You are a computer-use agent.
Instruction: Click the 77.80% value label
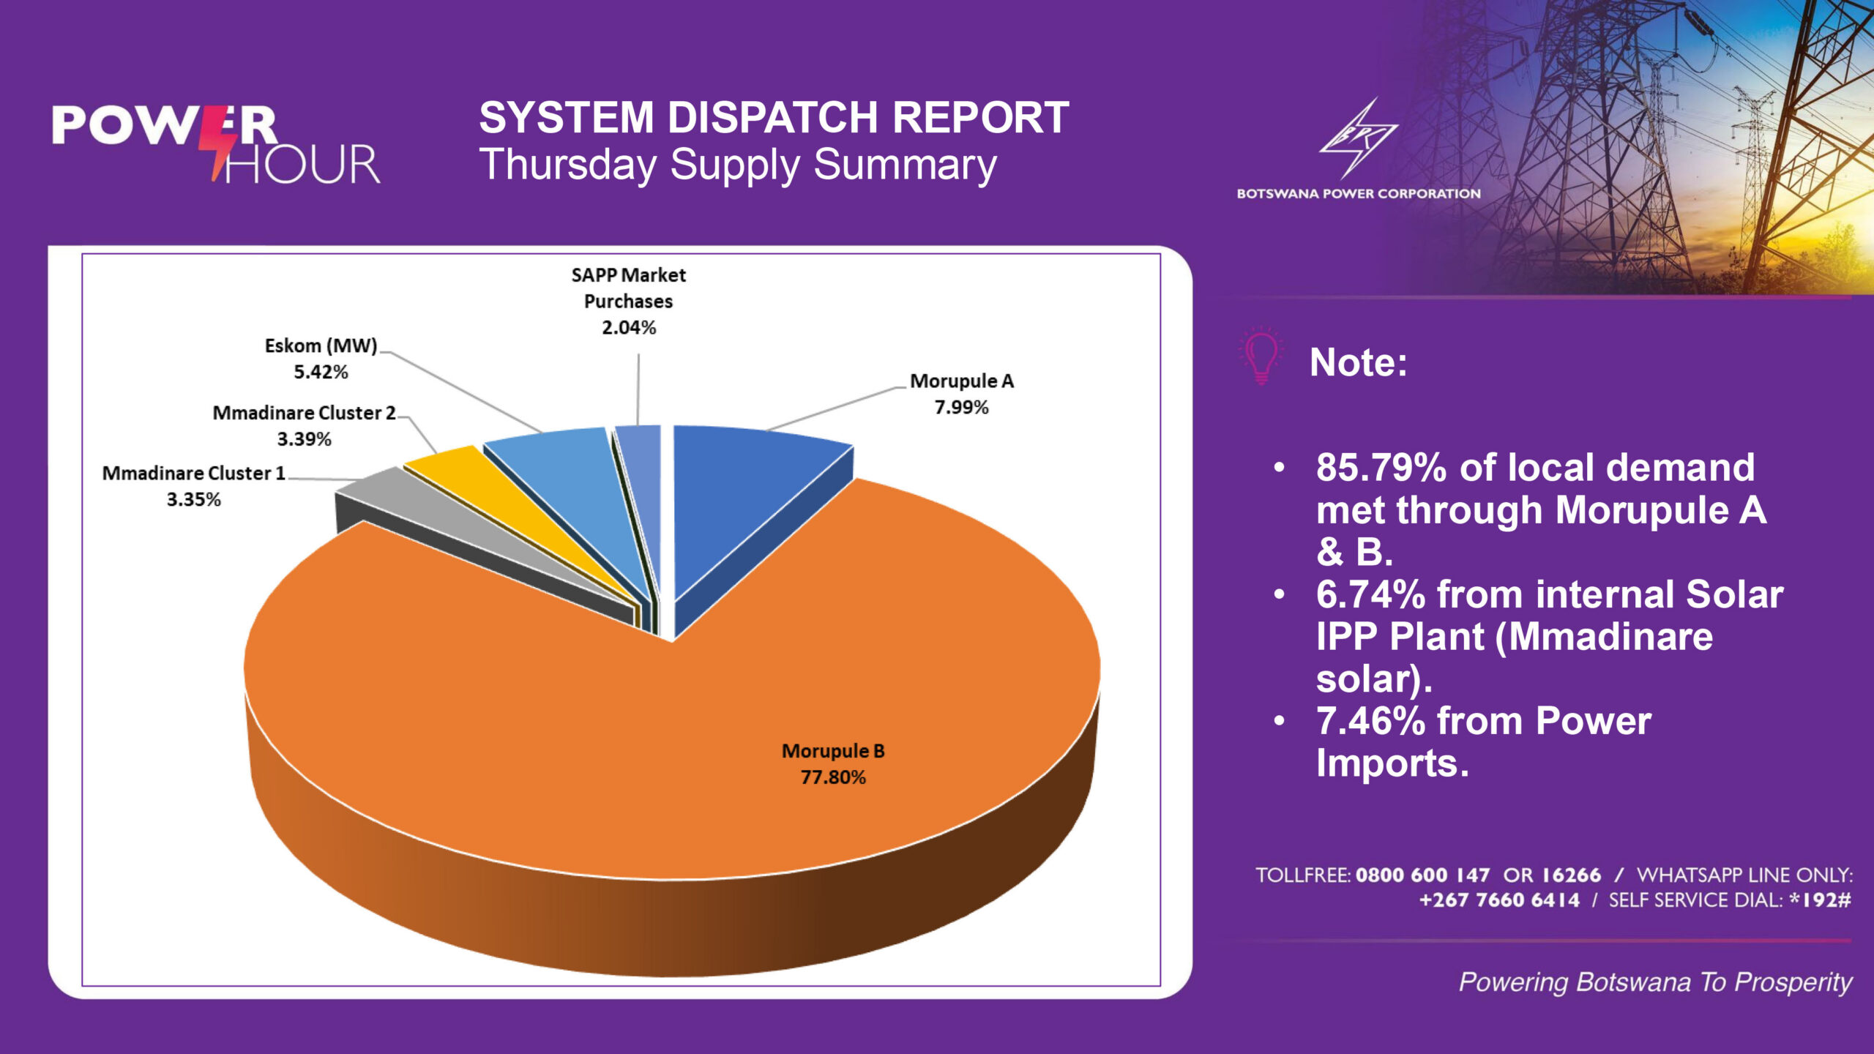(x=833, y=777)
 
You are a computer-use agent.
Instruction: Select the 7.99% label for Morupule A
(x=961, y=408)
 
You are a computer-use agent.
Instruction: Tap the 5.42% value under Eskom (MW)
(x=321, y=373)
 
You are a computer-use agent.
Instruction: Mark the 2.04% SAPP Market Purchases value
(x=629, y=328)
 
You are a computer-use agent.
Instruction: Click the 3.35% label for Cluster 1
(x=193, y=500)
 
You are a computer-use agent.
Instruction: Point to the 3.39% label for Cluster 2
(x=304, y=440)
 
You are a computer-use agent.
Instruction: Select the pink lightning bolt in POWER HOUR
(x=220, y=143)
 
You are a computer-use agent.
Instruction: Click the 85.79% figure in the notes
(x=1381, y=468)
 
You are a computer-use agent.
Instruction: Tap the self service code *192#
(x=1820, y=900)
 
